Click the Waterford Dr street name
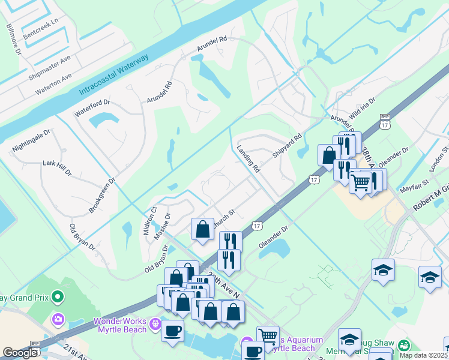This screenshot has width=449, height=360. coord(92,107)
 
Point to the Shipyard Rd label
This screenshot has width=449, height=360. coord(286,146)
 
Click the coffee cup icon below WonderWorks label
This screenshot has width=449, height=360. coord(173,331)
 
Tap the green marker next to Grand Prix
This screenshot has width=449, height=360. coord(58,296)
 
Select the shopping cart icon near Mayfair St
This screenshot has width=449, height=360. coord(361,182)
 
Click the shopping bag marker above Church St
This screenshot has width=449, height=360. coord(203,229)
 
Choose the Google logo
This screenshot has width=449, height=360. coord(20,353)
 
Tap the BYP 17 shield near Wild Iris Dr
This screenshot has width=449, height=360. coord(384,121)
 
